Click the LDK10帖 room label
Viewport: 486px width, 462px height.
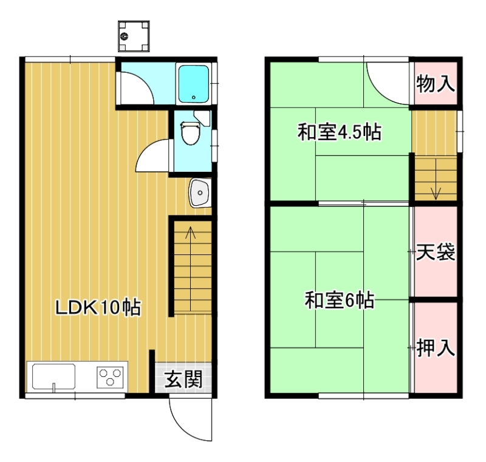[98, 307]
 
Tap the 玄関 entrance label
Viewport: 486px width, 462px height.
[183, 379]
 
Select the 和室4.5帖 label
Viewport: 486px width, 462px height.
[340, 132]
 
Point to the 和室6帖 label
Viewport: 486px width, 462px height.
[340, 300]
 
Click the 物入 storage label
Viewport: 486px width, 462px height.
[436, 83]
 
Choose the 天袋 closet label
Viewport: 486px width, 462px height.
[436, 252]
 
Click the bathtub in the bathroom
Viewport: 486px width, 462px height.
[194, 84]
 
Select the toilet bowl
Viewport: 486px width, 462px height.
[190, 134]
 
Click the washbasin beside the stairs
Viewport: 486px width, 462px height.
[200, 192]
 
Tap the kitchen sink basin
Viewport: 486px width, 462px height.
[53, 376]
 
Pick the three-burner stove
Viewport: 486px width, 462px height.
[110, 377]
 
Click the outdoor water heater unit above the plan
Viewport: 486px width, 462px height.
[134, 36]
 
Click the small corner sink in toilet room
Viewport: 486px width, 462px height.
[203, 118]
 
